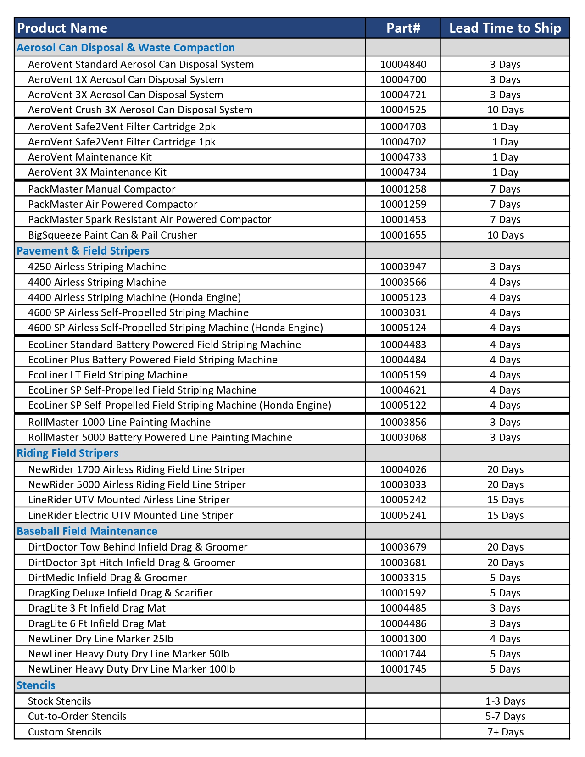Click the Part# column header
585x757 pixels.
coord(403,28)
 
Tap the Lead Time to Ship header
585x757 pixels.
coord(505,28)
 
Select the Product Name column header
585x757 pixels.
coord(62,28)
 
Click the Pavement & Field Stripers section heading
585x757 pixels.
coord(83,251)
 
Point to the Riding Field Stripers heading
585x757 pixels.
coord(67,453)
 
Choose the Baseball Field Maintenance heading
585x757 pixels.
coord(87,531)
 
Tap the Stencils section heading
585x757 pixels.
coord(36,685)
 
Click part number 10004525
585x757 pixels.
coord(403,110)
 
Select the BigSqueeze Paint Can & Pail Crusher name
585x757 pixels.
coord(112,235)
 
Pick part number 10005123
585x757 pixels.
coord(403,298)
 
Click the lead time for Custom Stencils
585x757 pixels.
coord(505,732)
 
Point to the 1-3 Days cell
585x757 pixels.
coord(505,701)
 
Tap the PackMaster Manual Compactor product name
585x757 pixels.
coord(101,189)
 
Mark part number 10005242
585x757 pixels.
coord(403,500)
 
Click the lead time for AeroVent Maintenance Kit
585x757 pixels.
coord(505,157)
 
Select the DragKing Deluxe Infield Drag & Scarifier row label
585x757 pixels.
coord(120,593)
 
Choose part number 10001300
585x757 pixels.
coord(403,639)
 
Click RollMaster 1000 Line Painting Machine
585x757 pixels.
coord(119,423)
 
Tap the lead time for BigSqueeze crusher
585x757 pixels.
coord(505,235)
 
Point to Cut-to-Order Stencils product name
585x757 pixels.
coord(77,717)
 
